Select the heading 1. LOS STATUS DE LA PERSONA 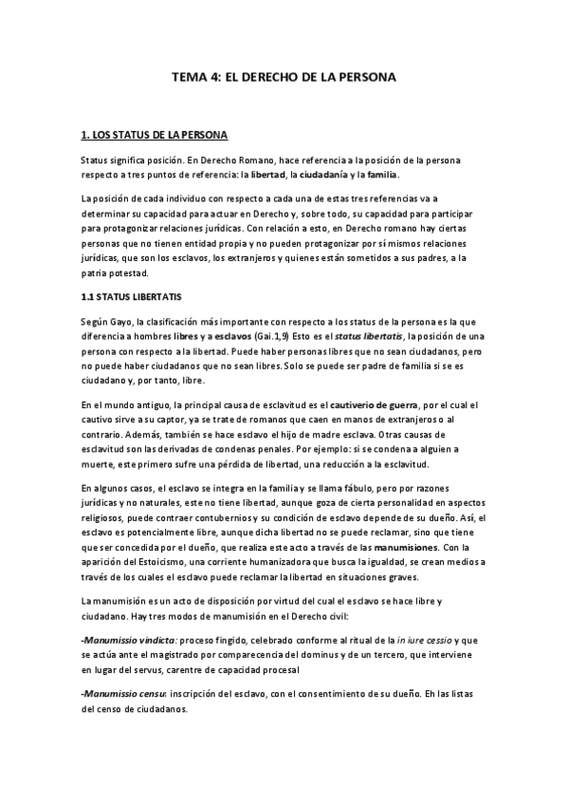click(x=155, y=135)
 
